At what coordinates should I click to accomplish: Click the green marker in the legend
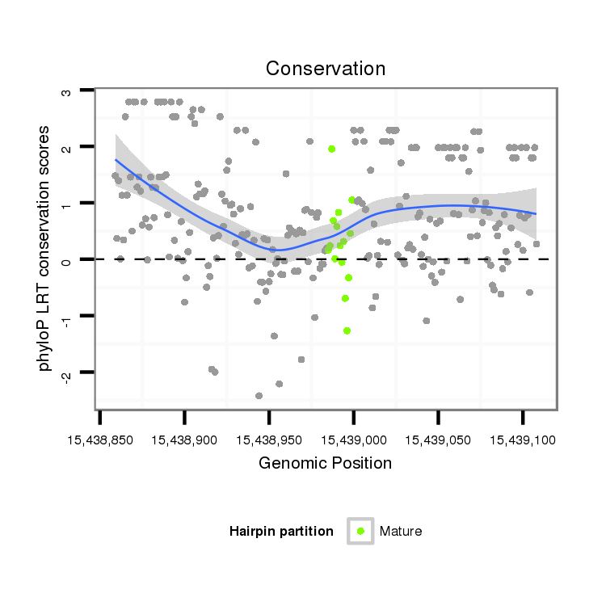tap(360, 531)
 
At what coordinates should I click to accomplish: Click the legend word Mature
tap(401, 531)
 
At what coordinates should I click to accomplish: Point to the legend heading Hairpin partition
tap(281, 531)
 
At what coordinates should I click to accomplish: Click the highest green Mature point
tap(332, 149)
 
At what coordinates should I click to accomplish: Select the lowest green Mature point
tap(347, 330)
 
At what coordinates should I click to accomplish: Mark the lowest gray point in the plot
tap(259, 396)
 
